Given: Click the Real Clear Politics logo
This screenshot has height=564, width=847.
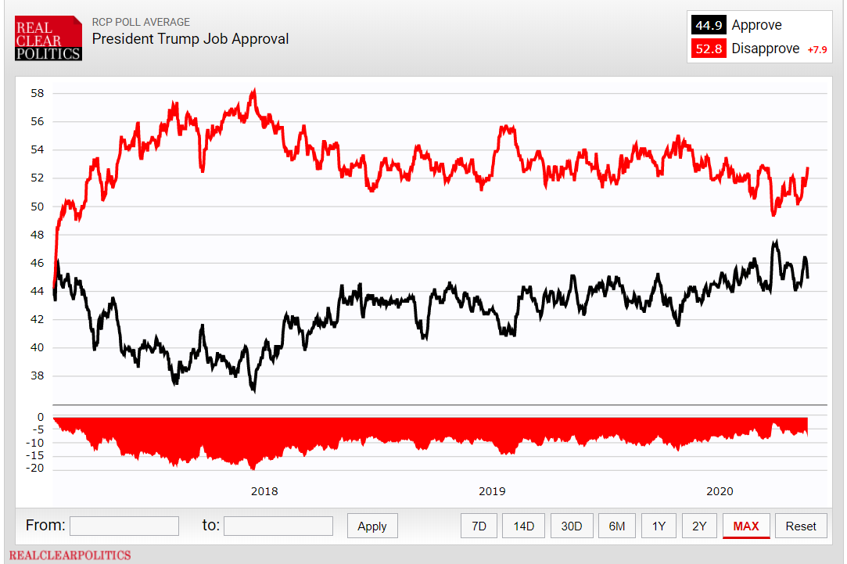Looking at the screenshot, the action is pos(48,38).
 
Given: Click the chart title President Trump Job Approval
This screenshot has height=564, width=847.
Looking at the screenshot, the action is pos(190,39).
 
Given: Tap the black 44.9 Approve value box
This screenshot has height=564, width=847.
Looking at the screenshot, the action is pos(709,25).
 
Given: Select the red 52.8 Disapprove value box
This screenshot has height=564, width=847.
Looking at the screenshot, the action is pos(709,48).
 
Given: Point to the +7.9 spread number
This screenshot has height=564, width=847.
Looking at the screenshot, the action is pos(816,50).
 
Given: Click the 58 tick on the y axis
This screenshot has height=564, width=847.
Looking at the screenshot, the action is pos(38,93).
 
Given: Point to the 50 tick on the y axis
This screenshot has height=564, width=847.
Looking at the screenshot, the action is pos(38,207).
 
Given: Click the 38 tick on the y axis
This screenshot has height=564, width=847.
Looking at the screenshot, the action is pos(38,375).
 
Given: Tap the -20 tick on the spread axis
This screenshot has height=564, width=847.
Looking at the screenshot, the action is pos(35,468).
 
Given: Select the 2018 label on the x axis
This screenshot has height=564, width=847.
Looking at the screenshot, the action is pos(264,491).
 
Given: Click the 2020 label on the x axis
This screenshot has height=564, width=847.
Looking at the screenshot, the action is pos(720,491).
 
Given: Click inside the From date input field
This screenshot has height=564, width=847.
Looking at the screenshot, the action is pos(124,526).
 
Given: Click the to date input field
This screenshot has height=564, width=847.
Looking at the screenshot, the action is pos(278,526).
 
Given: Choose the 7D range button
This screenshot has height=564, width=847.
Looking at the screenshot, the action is pos(479,526).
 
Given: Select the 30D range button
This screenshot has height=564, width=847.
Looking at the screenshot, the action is pos(572,526).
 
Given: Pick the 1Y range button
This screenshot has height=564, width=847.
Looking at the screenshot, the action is pos(659,526).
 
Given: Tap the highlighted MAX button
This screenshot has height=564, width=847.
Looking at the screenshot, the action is pos(746,526).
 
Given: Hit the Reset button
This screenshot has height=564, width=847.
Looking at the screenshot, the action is pos(801,526).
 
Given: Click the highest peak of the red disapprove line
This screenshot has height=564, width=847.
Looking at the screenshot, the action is pos(254,90).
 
